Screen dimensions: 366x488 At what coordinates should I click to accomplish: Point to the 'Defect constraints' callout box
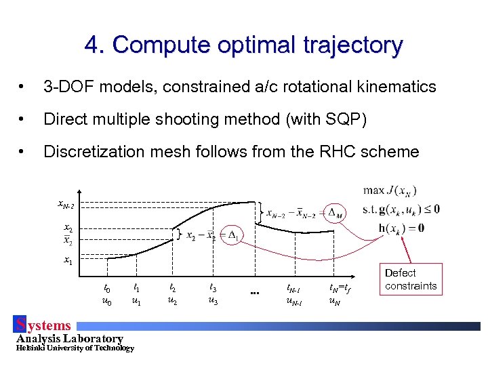point(411,279)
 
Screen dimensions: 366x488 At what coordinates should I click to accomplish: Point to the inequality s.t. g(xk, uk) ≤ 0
point(399,209)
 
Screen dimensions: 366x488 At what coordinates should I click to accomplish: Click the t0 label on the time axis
point(107,287)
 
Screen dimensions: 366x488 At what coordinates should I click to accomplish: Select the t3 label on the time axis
point(213,287)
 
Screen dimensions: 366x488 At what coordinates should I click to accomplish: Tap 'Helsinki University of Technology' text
point(75,348)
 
